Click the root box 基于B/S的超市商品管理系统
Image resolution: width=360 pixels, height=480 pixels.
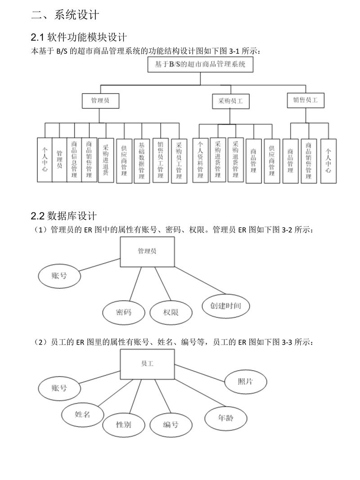pyautogui.click(x=200, y=65)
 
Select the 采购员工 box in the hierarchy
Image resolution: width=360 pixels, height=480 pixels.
pyautogui.click(x=230, y=101)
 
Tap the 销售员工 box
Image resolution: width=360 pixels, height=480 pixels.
pyautogui.click(x=306, y=101)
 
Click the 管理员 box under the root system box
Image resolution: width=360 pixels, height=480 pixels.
pyautogui.click(x=101, y=100)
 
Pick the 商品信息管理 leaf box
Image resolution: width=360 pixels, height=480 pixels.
pyautogui.click(x=74, y=159)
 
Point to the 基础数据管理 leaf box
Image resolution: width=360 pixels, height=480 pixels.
pyautogui.click(x=141, y=161)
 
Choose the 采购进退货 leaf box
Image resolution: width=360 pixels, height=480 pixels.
pyautogui.click(x=105, y=160)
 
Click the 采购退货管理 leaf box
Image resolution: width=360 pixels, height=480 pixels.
pyautogui.click(x=235, y=159)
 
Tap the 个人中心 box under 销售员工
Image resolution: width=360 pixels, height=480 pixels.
pyautogui.click(x=328, y=161)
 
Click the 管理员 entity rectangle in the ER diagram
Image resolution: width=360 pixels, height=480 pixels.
pyautogui.click(x=147, y=251)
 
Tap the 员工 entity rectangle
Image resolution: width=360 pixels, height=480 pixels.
pyautogui.click(x=147, y=363)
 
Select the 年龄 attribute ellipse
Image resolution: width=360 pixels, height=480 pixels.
pyautogui.click(x=226, y=417)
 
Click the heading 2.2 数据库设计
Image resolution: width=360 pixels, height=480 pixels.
pyautogui.click(x=63, y=216)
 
